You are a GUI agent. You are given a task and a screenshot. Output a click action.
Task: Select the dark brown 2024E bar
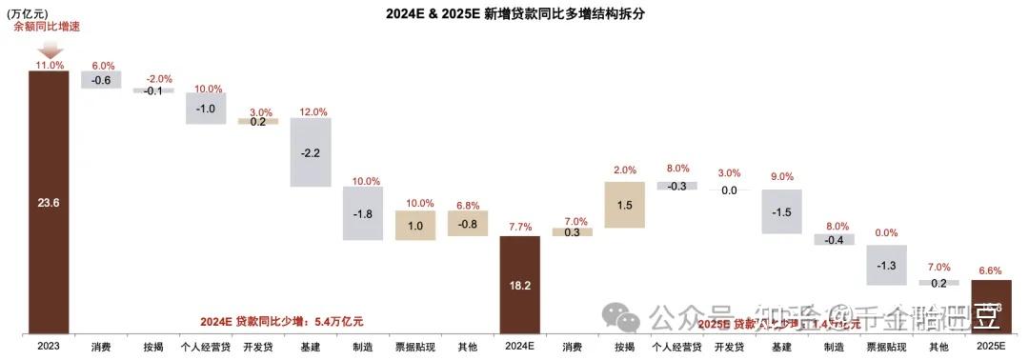pos(520,285)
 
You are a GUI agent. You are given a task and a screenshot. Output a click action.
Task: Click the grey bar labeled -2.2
pos(310,152)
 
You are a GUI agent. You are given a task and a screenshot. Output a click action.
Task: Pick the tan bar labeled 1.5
pos(625,205)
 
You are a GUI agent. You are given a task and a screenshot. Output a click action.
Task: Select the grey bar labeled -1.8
pos(362,213)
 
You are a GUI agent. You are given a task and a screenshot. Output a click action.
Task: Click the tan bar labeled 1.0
pos(414,225)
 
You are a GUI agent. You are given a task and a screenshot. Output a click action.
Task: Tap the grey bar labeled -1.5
pos(781,210)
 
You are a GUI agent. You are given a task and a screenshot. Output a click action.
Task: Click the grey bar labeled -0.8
pos(467,223)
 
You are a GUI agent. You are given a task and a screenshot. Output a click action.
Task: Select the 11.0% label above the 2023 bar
pos(49,65)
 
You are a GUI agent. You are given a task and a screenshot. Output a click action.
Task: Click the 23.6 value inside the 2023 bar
pos(49,201)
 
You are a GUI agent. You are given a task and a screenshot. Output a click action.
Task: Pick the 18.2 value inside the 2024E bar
pos(520,284)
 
